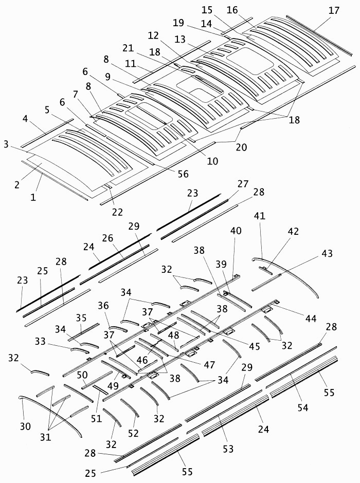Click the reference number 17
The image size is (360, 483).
click(334, 10)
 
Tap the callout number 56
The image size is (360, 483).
click(183, 174)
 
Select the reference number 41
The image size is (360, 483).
click(260, 216)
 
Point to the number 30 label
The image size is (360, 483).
click(25, 426)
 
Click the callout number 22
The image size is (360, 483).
click(117, 212)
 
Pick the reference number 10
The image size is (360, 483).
click(212, 161)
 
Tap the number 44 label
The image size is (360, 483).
click(311, 318)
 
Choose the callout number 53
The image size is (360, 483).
click(228, 449)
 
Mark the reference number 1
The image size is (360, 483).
click(33, 197)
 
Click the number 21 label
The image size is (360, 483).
click(128, 48)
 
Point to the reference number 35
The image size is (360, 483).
click(82, 318)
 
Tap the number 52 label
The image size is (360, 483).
click(133, 433)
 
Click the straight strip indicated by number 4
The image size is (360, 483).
click(47, 133)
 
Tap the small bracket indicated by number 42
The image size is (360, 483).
click(265, 270)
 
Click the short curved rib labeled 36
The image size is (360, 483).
click(118, 329)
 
